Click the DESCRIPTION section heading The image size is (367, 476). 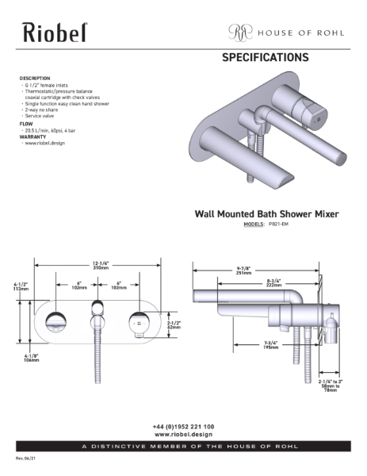coord(35,79)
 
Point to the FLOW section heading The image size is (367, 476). coord(25,124)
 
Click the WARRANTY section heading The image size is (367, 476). coord(32,136)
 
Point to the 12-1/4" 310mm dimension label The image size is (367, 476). coord(99,266)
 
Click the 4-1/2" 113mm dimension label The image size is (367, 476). coord(21,287)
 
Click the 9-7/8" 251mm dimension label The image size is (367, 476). coord(243,271)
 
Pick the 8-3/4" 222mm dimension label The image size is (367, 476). coord(275,283)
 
